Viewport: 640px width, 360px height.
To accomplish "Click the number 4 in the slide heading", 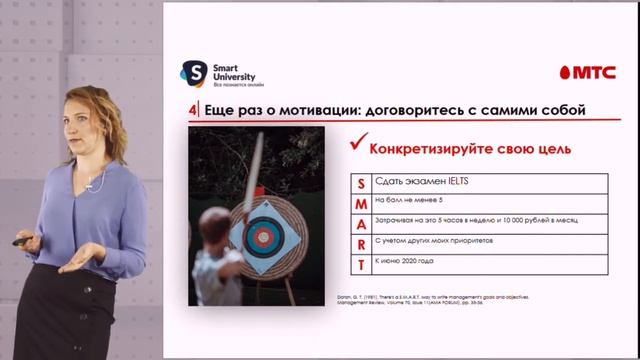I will (x=192, y=109).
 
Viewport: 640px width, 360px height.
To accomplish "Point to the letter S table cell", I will (x=360, y=183).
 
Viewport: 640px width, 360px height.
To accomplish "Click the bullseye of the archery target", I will (x=263, y=237).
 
